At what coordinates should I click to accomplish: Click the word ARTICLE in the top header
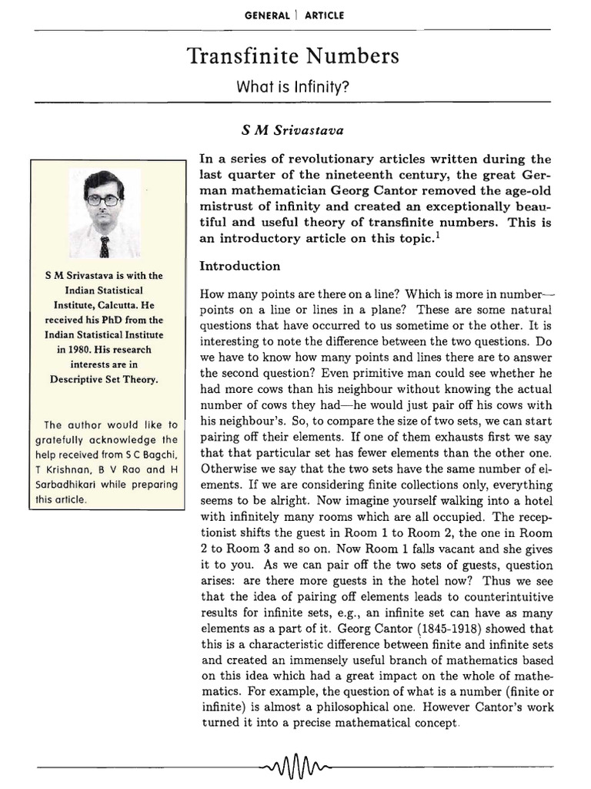click(323, 15)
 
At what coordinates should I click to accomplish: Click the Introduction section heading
click(240, 266)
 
